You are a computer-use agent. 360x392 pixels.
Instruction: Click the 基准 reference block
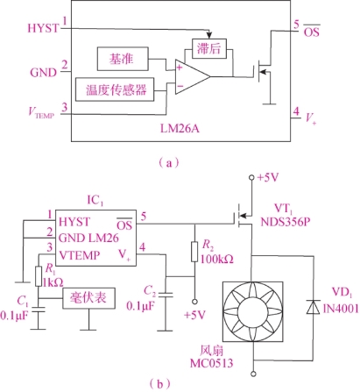pos(123,59)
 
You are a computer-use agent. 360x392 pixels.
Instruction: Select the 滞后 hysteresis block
pos(209,48)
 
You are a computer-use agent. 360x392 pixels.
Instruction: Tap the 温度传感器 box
pos(115,89)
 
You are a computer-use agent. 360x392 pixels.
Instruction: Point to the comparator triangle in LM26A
pos(193,77)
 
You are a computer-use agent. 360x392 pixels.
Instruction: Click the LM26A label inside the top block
pos(180,128)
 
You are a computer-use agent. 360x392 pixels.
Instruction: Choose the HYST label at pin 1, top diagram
pos(43,28)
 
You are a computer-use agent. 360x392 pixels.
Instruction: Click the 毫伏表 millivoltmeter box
pos(88,298)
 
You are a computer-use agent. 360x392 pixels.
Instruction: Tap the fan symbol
pos(253,311)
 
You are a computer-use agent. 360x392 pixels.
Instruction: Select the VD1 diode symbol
pos(314,307)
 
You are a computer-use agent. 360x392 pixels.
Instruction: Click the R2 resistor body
pos(194,252)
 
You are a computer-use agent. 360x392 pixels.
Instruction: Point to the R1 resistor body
pos(39,276)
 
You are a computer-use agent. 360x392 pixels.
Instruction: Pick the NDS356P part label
pos(285,222)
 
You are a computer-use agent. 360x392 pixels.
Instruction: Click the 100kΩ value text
pos(217,259)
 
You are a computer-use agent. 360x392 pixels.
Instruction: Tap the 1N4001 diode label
pos(341,309)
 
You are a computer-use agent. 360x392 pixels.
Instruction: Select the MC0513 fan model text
pos(211,363)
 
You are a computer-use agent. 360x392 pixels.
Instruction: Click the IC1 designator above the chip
pos(95,201)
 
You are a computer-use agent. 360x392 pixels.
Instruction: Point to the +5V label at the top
pos(268,177)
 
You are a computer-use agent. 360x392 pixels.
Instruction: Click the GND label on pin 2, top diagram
pos(44,73)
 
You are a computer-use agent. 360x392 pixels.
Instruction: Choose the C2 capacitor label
pos(150,291)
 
